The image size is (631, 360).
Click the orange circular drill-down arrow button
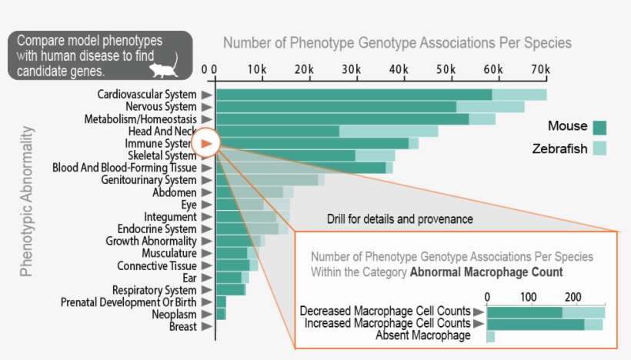(206, 143)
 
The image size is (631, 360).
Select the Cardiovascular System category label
(146, 95)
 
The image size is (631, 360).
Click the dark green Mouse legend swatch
(600, 128)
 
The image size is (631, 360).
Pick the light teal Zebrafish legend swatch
(600, 148)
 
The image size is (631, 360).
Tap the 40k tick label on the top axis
(399, 69)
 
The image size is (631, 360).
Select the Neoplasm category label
(175, 315)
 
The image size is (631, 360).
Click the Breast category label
(182, 327)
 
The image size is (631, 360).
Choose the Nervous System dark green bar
(336, 107)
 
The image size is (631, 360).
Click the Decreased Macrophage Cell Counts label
(385, 312)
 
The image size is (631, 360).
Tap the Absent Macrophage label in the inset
(422, 335)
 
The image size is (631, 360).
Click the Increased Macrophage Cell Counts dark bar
(536, 324)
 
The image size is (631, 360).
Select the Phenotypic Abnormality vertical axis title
(27, 208)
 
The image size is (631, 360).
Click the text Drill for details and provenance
(399, 219)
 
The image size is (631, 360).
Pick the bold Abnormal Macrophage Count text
(486, 272)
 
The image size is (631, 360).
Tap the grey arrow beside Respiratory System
(205, 290)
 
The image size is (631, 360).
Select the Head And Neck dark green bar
(277, 132)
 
